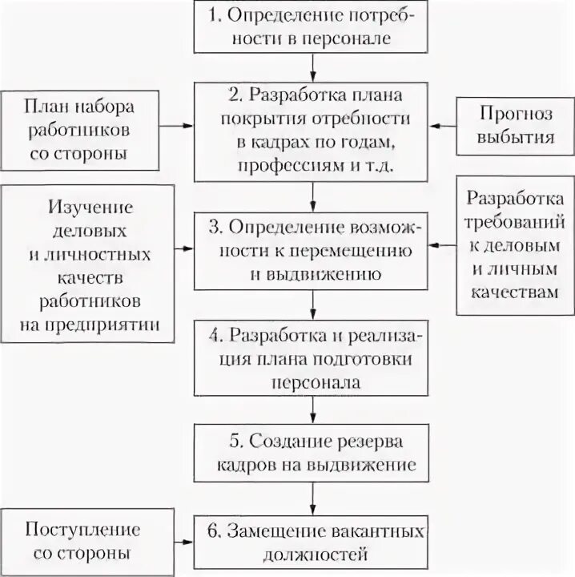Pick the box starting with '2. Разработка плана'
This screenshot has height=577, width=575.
(x=314, y=129)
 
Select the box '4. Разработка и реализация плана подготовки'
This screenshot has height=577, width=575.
(x=314, y=357)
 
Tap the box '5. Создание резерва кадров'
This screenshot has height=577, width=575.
(x=314, y=452)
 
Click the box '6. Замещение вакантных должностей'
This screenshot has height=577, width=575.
(x=314, y=541)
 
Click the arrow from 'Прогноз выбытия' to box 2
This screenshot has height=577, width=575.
(x=442, y=125)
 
